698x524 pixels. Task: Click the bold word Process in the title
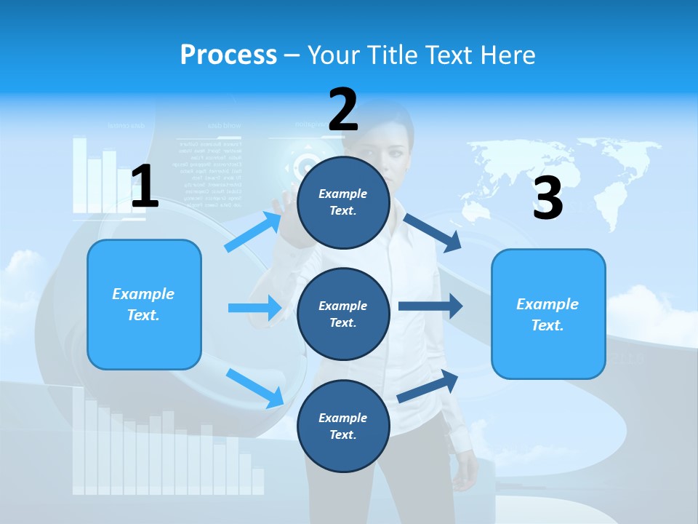pyautogui.click(x=228, y=55)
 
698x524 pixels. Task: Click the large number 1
pyautogui.click(x=145, y=187)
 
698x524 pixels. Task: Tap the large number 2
pyautogui.click(x=343, y=110)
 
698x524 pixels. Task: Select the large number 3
pyautogui.click(x=547, y=199)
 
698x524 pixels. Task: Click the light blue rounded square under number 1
pyautogui.click(x=144, y=304)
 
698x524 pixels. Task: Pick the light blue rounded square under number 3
pyautogui.click(x=547, y=314)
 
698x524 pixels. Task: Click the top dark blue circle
pyautogui.click(x=343, y=202)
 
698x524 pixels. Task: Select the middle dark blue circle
pyautogui.click(x=343, y=314)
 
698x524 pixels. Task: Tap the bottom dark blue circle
pyautogui.click(x=343, y=426)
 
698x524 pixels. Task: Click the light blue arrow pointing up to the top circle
pyautogui.click(x=253, y=231)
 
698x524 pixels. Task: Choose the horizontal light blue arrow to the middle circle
pyautogui.click(x=254, y=308)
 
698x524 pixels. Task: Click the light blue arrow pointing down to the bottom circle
pyautogui.click(x=254, y=387)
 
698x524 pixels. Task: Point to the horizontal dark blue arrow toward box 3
pyautogui.click(x=430, y=306)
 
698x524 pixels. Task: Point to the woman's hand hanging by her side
pyautogui.click(x=464, y=480)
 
